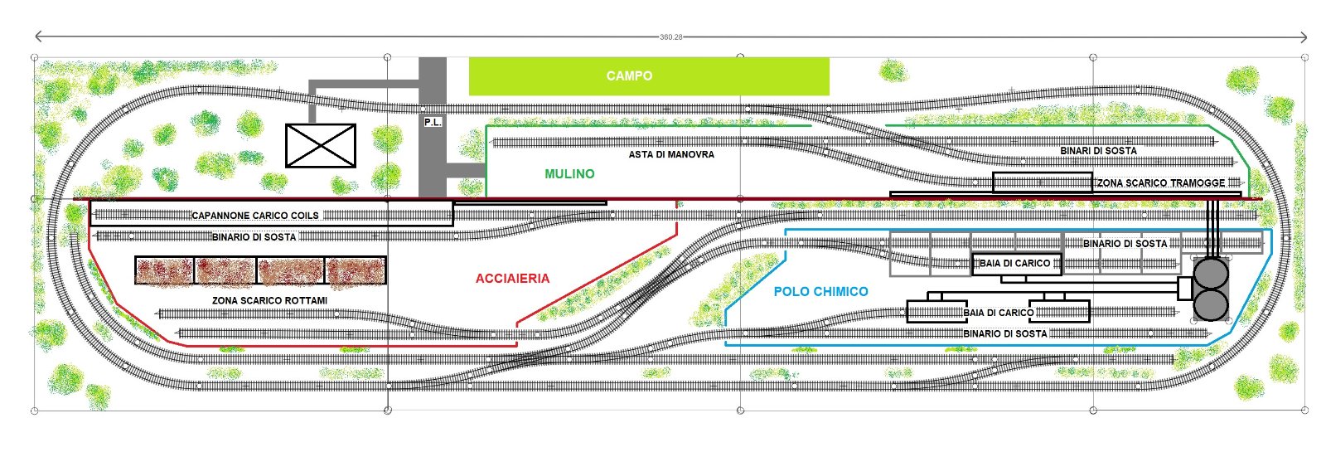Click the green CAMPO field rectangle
pyautogui.click(x=649, y=75)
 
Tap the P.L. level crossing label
pyautogui.click(x=433, y=122)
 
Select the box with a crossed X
pyautogui.click(x=320, y=145)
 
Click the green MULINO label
pyautogui.click(x=569, y=174)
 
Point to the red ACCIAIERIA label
pyautogui.click(x=512, y=279)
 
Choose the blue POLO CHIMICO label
pyautogui.click(x=820, y=291)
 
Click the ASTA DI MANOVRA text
pyautogui.click(x=671, y=154)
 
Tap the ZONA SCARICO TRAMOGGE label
pyautogui.click(x=1161, y=182)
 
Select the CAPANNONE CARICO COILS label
pyautogui.click(x=254, y=216)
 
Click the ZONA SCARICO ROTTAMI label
pyautogui.click(x=258, y=299)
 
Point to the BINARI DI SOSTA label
pyautogui.click(x=1098, y=151)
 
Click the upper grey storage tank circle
pyautogui.click(x=1212, y=273)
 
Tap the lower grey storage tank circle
pyautogui.click(x=1212, y=304)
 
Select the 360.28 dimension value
pyautogui.click(x=670, y=37)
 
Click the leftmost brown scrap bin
pyautogui.click(x=165, y=271)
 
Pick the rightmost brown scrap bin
pyautogui.click(x=356, y=271)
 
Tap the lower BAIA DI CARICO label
pyautogui.click(x=998, y=313)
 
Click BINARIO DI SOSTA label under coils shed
pyautogui.click(x=254, y=237)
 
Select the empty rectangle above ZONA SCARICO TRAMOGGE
pyautogui.click(x=1043, y=182)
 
